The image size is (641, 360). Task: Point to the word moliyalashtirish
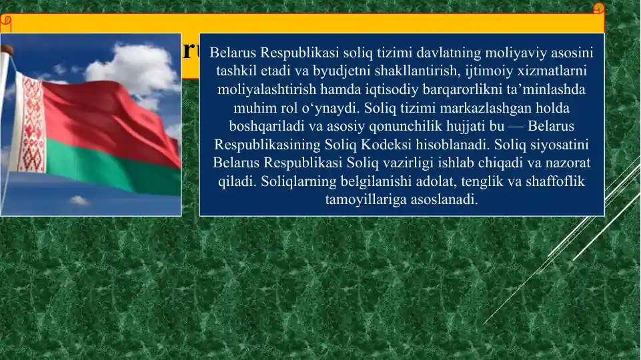(264, 89)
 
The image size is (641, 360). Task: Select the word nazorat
(568, 163)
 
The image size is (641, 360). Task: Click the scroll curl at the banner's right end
(598, 9)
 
